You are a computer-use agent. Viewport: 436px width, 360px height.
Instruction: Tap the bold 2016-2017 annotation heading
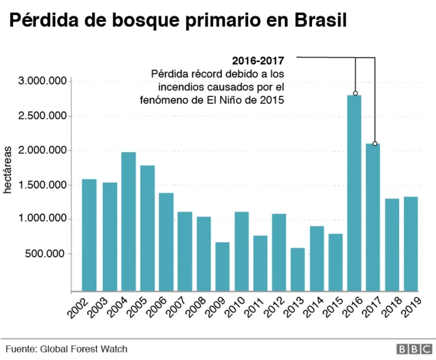[x=258, y=59]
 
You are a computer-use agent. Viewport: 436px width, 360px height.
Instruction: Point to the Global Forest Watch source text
[x=84, y=348]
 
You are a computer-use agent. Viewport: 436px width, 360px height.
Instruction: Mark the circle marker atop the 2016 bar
[x=355, y=93]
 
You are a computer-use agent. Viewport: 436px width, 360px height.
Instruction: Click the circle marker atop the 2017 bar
[x=374, y=144]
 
